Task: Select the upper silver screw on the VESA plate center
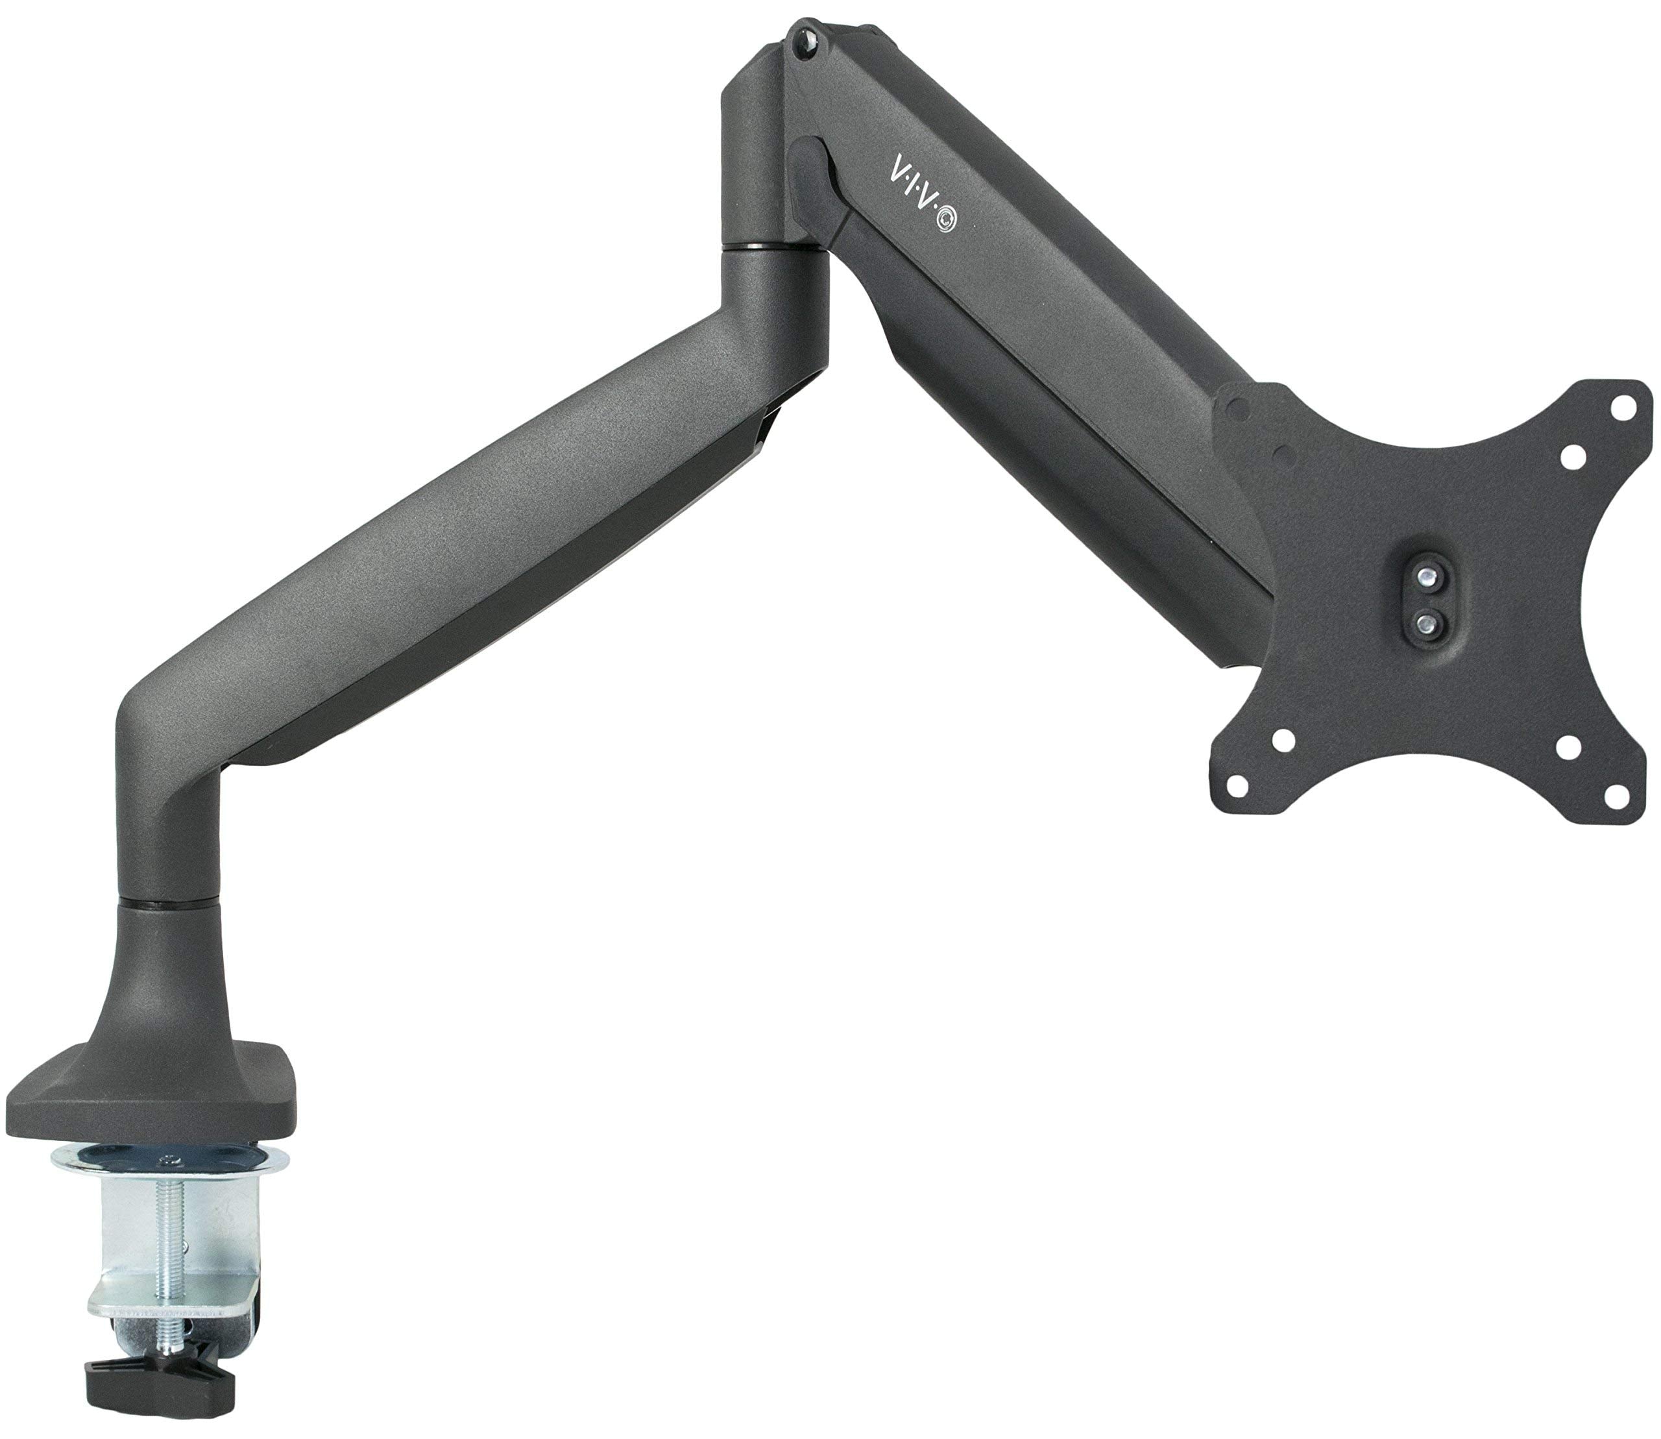pyautogui.click(x=1425, y=575)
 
